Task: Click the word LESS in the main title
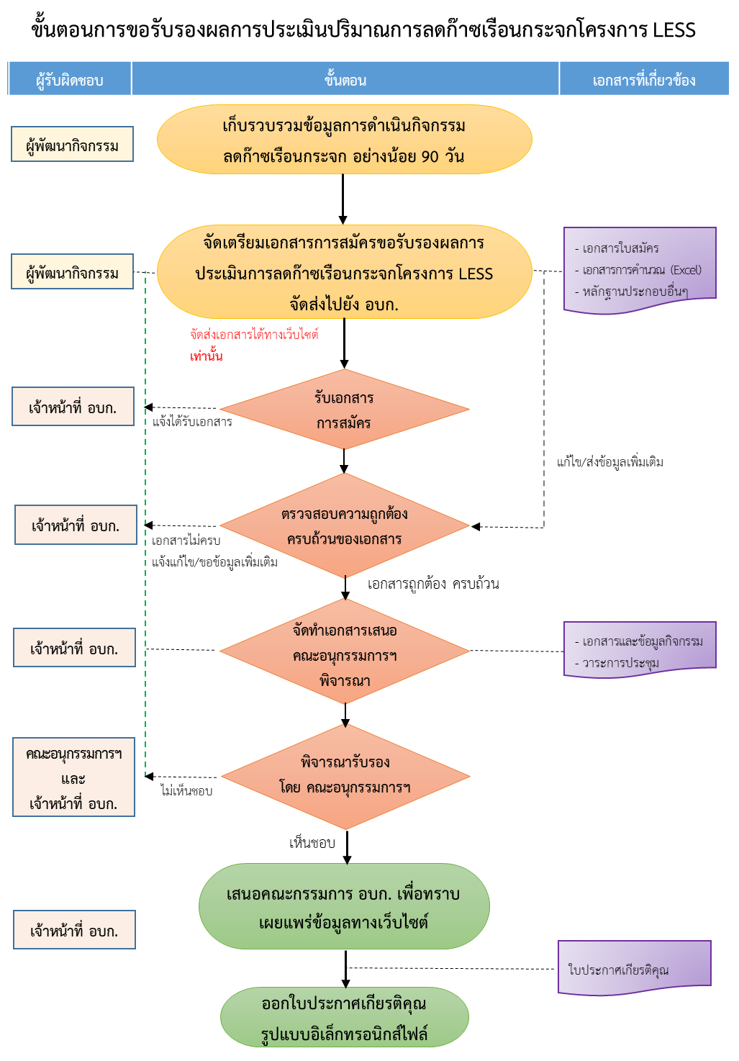(x=674, y=30)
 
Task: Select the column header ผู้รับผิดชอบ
(x=70, y=79)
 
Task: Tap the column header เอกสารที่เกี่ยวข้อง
(x=644, y=79)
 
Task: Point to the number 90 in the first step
(x=430, y=156)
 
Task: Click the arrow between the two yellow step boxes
(x=343, y=199)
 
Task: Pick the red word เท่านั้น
(x=207, y=356)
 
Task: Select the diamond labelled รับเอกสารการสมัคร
(x=344, y=410)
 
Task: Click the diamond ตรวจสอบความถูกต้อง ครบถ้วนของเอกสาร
(x=344, y=526)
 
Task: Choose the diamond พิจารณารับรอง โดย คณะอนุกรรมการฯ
(x=345, y=776)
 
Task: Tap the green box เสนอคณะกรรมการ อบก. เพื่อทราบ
(x=344, y=906)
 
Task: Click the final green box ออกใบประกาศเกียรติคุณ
(x=344, y=1017)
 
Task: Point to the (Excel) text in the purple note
(x=685, y=270)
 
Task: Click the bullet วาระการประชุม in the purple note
(x=620, y=663)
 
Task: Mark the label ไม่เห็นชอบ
(x=186, y=791)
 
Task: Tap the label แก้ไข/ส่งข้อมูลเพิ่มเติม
(x=610, y=462)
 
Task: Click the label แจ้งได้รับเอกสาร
(x=192, y=422)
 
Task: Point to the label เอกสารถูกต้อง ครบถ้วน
(x=433, y=584)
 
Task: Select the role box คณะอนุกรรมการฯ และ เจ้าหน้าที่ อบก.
(x=73, y=778)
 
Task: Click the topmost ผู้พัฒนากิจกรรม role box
(x=72, y=145)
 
